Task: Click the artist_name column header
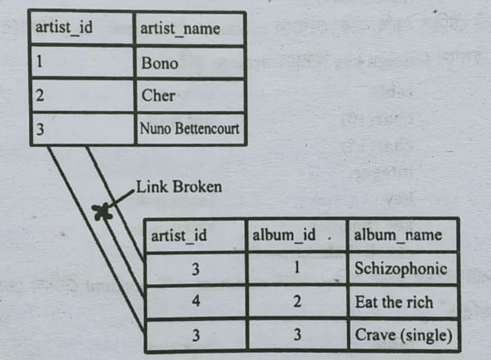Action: [x=190, y=29]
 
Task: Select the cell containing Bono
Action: [x=190, y=63]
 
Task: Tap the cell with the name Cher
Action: [x=190, y=96]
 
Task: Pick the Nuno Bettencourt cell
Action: [x=190, y=129]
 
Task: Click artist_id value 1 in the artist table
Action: [x=82, y=61]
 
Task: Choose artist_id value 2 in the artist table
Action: [x=82, y=96]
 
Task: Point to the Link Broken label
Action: [x=179, y=187]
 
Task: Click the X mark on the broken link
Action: [x=102, y=211]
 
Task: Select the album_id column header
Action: [x=297, y=236]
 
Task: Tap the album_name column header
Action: [x=402, y=236]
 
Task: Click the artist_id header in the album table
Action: [x=195, y=236]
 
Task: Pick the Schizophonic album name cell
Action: [x=402, y=268]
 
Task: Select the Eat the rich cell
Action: [x=402, y=302]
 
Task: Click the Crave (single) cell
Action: [x=402, y=334]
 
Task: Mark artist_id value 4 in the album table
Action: [x=196, y=301]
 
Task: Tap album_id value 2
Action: [x=297, y=301]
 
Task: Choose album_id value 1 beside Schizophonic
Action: [x=297, y=268]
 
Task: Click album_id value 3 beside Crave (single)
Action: [x=297, y=334]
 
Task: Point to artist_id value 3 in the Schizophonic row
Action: [x=196, y=268]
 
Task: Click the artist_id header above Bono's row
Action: [x=82, y=28]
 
